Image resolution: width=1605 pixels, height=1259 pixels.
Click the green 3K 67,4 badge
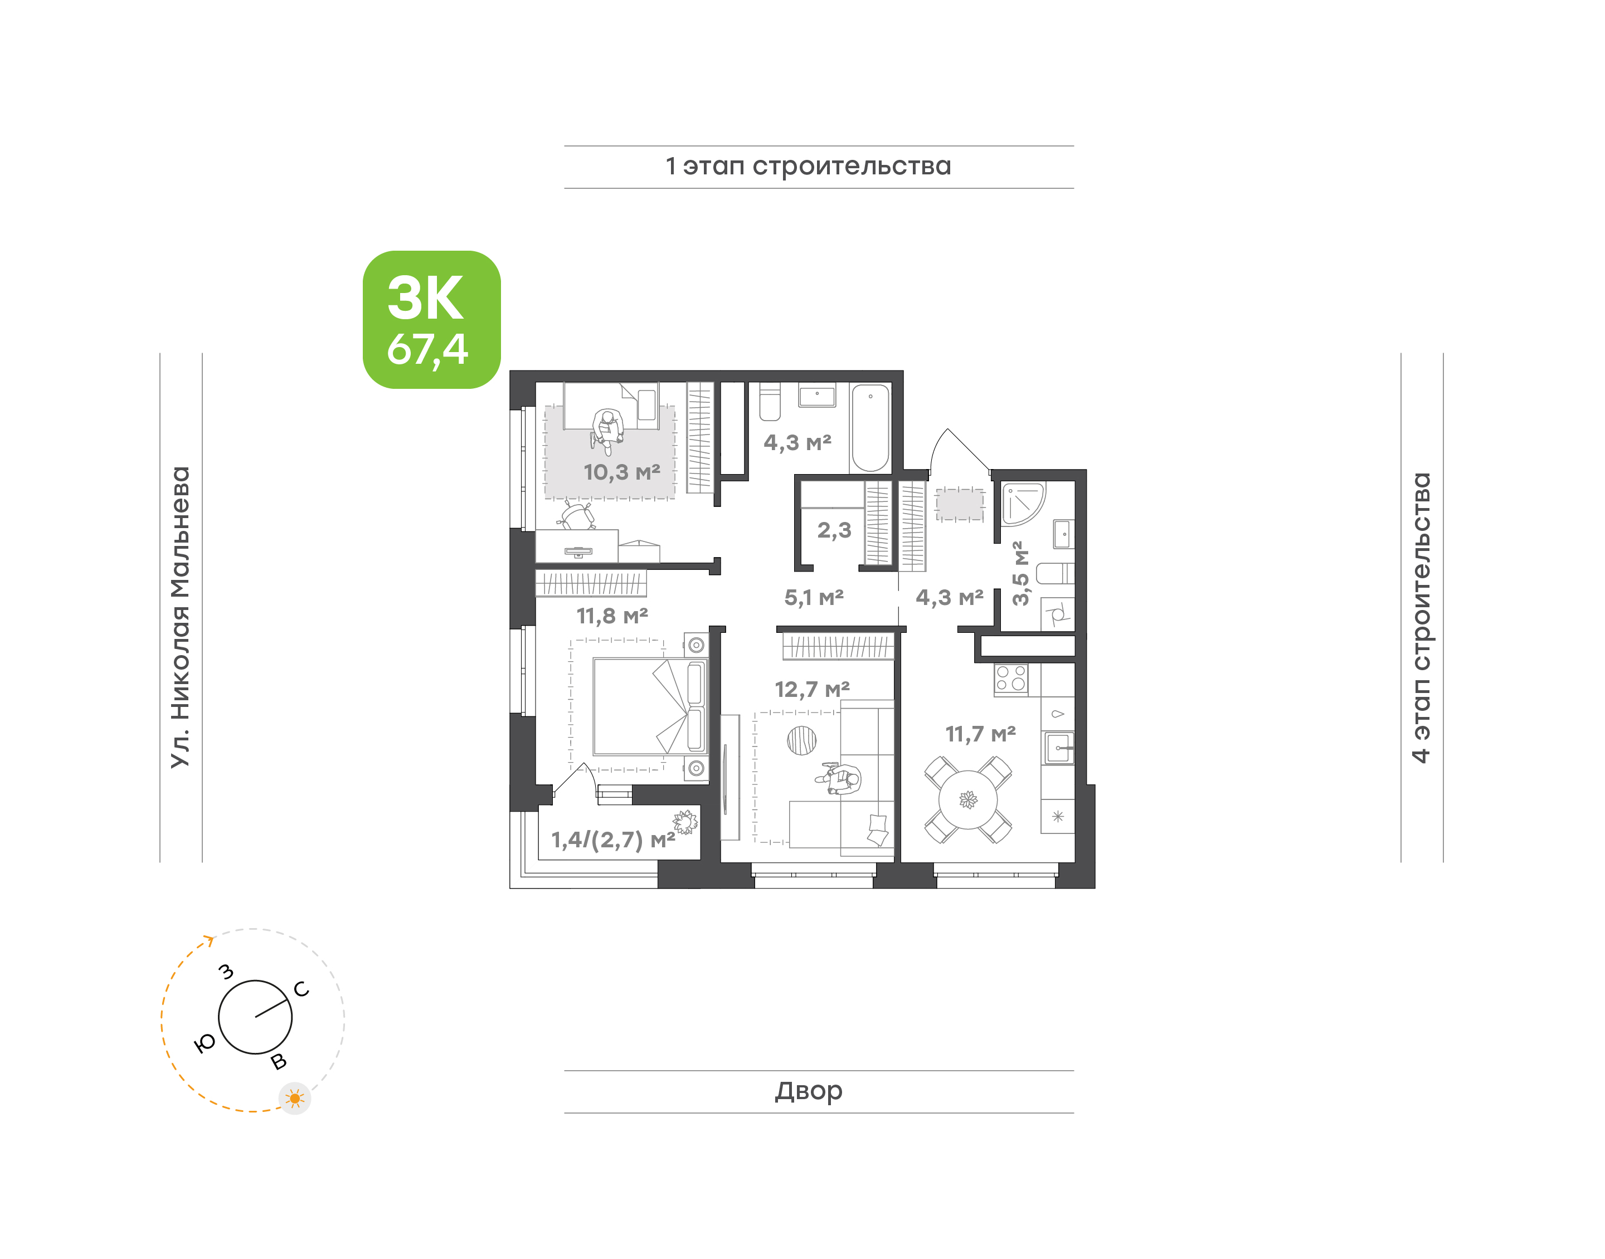pos(431,319)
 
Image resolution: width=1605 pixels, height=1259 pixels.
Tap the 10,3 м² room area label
pos(621,472)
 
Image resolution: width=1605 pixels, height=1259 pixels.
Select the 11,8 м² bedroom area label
pos(612,616)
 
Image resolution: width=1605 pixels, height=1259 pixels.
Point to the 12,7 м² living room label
pos(812,689)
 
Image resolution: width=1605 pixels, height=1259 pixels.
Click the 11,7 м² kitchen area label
pos(980,734)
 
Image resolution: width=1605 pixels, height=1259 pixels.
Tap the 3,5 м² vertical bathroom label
pos(1020,573)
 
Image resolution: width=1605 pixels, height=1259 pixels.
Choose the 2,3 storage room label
pos(834,530)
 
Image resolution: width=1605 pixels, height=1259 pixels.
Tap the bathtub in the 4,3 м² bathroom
pos(870,427)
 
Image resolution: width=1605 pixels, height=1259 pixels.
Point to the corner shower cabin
pos(1023,504)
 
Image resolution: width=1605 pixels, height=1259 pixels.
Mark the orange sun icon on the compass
pos(295,1099)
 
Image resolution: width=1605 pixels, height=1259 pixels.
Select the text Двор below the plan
pos(808,1090)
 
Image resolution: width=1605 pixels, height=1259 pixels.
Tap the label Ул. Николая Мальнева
pos(181,617)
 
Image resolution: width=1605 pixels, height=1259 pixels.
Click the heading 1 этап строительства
pos(808,166)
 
